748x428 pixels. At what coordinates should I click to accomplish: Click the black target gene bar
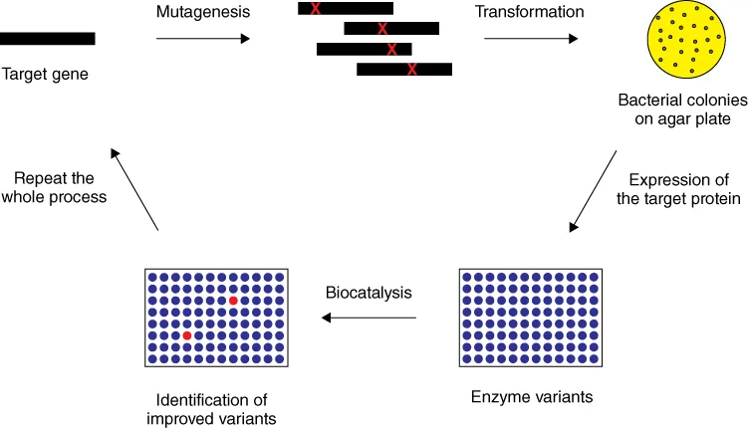coord(47,39)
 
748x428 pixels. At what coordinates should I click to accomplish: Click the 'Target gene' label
coord(45,73)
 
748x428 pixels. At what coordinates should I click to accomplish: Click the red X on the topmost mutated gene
coord(316,9)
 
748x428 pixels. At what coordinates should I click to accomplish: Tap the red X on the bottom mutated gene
coord(411,69)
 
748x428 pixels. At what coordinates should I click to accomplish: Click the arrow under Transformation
coord(530,40)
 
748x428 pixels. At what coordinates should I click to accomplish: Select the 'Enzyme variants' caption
coord(531,397)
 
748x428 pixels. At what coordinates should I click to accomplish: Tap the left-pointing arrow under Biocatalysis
coord(368,319)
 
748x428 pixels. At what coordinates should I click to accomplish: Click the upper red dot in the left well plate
coord(232,300)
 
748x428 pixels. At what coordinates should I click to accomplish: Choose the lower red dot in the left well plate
coord(186,336)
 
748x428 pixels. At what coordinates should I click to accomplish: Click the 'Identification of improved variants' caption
coord(216,409)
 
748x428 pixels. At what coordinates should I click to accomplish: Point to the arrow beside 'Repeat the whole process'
coord(135,190)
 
